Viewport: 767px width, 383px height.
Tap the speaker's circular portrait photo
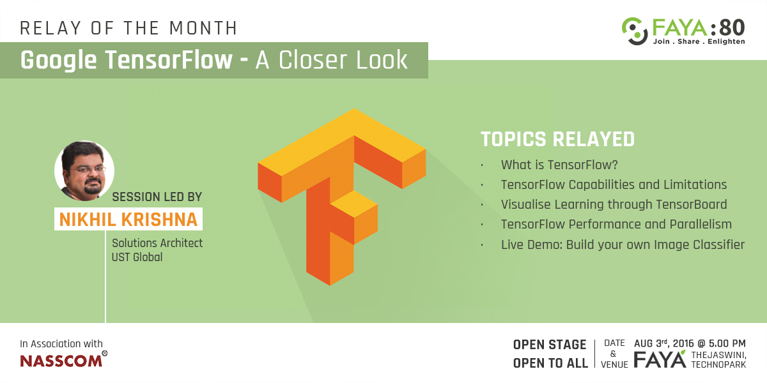[x=84, y=170]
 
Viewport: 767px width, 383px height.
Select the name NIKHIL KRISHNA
[x=128, y=219]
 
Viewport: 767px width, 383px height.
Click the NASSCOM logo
[x=64, y=359]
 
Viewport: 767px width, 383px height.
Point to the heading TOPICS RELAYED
[x=558, y=139]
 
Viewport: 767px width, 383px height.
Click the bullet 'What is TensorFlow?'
[x=559, y=165]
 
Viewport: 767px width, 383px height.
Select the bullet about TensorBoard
[x=614, y=204]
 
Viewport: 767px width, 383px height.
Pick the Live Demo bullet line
[x=623, y=245]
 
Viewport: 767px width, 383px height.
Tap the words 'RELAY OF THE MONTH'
[x=128, y=28]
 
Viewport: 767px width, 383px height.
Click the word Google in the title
[x=59, y=61]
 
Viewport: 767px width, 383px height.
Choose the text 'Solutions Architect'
[x=157, y=243]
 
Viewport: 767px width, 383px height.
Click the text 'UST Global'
[x=137, y=257]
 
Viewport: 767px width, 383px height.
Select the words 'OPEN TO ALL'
[x=550, y=363]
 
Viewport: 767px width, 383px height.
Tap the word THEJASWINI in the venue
[x=718, y=356]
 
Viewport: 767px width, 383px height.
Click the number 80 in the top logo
[x=732, y=28]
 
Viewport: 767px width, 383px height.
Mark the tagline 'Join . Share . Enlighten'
[x=699, y=41]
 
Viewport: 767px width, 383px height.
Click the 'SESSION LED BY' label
[x=157, y=197]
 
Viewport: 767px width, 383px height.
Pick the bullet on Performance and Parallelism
[x=616, y=224]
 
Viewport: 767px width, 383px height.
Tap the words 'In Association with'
[x=61, y=343]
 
